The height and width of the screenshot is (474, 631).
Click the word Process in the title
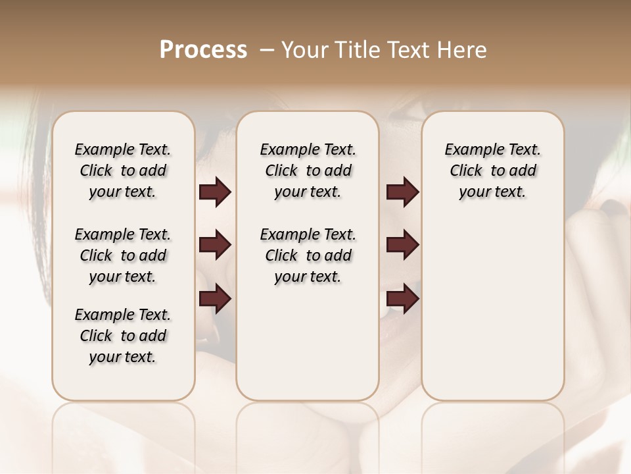[203, 49]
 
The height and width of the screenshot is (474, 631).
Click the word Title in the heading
[356, 49]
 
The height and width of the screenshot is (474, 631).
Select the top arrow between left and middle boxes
[215, 192]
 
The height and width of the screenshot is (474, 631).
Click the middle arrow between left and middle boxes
[215, 246]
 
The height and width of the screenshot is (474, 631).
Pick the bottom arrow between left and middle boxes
[215, 299]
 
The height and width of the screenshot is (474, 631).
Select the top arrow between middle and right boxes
[402, 192]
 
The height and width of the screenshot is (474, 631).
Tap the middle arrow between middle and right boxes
[402, 246]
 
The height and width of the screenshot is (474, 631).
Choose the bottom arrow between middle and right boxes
[402, 299]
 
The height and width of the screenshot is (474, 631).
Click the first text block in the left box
[123, 171]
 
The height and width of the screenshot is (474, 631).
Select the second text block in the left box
[123, 255]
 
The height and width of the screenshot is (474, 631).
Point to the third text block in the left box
[123, 336]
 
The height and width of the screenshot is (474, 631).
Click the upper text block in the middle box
[308, 171]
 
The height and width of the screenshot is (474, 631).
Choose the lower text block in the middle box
[308, 255]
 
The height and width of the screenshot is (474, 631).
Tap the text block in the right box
[492, 171]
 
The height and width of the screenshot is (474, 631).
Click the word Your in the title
[302, 49]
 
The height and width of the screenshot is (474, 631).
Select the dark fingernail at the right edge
[615, 207]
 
